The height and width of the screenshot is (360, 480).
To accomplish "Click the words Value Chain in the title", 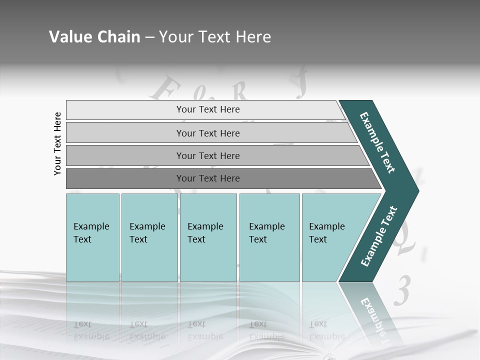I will pyautogui.click(x=94, y=37).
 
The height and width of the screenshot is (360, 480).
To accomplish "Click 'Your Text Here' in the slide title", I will pyautogui.click(x=215, y=37).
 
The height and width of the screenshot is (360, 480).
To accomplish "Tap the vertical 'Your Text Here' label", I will pyautogui.click(x=57, y=143).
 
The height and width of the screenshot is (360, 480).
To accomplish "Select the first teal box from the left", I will pyautogui.click(x=92, y=237).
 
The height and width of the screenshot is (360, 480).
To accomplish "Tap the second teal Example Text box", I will pyautogui.click(x=149, y=237).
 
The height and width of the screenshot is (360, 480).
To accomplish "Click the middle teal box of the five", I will pyautogui.click(x=208, y=237).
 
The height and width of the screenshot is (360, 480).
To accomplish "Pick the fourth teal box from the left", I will pyautogui.click(x=269, y=237).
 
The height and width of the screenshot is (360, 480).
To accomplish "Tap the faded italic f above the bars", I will pyautogui.click(x=301, y=86).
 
